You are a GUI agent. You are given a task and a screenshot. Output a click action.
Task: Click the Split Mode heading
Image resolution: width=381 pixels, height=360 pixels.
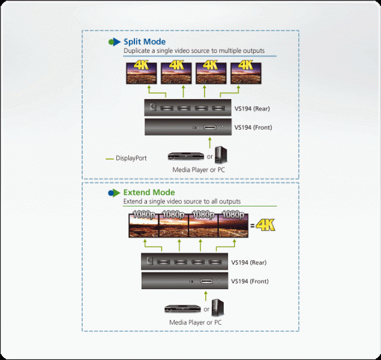coord(145,42)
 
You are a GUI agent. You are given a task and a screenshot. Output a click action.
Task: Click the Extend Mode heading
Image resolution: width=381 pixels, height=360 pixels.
coord(149,193)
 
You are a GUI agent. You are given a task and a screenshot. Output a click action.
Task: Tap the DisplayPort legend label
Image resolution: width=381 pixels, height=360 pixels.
coord(131,158)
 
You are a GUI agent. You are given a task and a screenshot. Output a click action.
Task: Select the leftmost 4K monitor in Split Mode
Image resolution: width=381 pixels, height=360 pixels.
coord(142,73)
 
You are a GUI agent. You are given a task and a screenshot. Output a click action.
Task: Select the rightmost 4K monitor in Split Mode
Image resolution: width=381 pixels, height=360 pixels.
coord(246,73)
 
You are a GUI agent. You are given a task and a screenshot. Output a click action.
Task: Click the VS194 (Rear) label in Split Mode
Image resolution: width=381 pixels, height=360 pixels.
coord(252,109)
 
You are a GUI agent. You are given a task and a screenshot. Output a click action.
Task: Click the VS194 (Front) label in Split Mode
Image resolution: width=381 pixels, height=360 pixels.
coord(253,128)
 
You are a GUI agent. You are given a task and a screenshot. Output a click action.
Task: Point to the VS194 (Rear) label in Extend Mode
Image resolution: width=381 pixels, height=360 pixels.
coord(249,262)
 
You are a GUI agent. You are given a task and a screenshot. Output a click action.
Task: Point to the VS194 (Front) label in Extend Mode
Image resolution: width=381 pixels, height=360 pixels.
coord(250,281)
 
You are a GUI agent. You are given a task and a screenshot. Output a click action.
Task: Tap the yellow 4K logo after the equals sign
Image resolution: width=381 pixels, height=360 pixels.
coord(266,224)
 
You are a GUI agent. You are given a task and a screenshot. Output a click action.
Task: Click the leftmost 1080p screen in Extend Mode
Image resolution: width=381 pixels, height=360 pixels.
coord(143,225)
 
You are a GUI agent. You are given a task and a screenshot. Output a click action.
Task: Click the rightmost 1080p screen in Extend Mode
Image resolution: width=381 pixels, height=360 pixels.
coord(233,225)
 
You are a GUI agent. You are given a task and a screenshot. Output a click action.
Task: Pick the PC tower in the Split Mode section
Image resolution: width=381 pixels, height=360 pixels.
coord(221,155)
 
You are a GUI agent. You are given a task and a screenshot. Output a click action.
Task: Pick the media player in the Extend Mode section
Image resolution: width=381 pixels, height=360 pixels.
coord(183,308)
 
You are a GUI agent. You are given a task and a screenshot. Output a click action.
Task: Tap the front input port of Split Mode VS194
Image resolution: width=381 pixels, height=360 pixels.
coord(209,127)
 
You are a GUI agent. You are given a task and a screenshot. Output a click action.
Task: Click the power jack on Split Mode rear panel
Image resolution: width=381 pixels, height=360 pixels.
coord(153,107)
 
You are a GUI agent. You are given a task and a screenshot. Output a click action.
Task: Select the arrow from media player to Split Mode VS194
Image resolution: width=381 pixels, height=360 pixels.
coord(210,143)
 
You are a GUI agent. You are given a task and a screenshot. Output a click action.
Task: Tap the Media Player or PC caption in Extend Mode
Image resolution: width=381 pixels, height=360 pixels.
coord(196,322)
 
